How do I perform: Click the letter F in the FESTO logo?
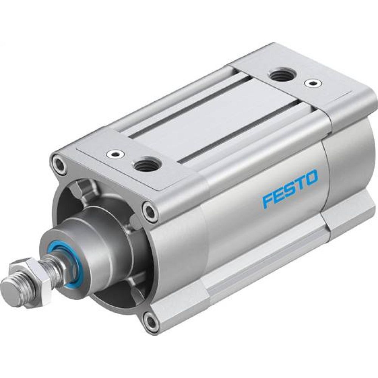pyautogui.click(x=267, y=200)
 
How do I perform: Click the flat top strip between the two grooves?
pyautogui.click(x=212, y=113)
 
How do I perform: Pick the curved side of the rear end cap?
pyautogui.click(x=350, y=159)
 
